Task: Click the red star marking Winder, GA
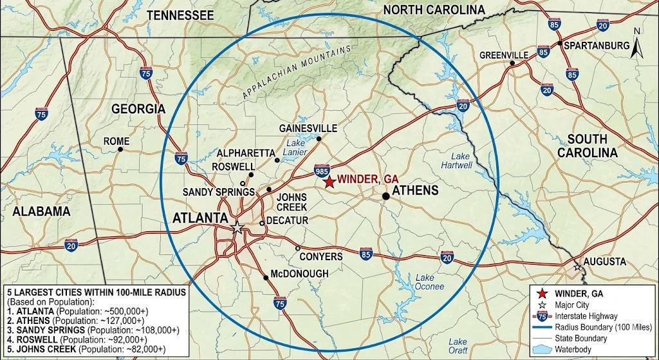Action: click(328, 182)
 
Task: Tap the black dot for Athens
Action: click(385, 195)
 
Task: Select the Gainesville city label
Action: click(308, 128)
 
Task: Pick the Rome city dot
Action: click(120, 149)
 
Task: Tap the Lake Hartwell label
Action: click(461, 160)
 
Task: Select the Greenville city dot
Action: click(512, 63)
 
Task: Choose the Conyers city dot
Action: click(297, 248)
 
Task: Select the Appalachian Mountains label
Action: click(297, 71)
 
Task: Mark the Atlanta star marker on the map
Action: click(237, 228)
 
